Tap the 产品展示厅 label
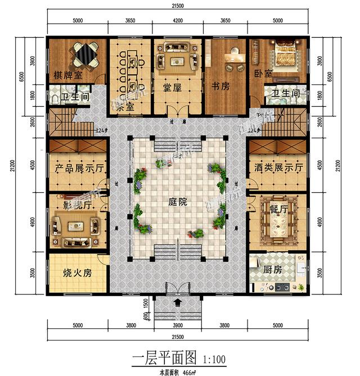[x=78, y=167]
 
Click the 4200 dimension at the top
[x=177, y=20]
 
